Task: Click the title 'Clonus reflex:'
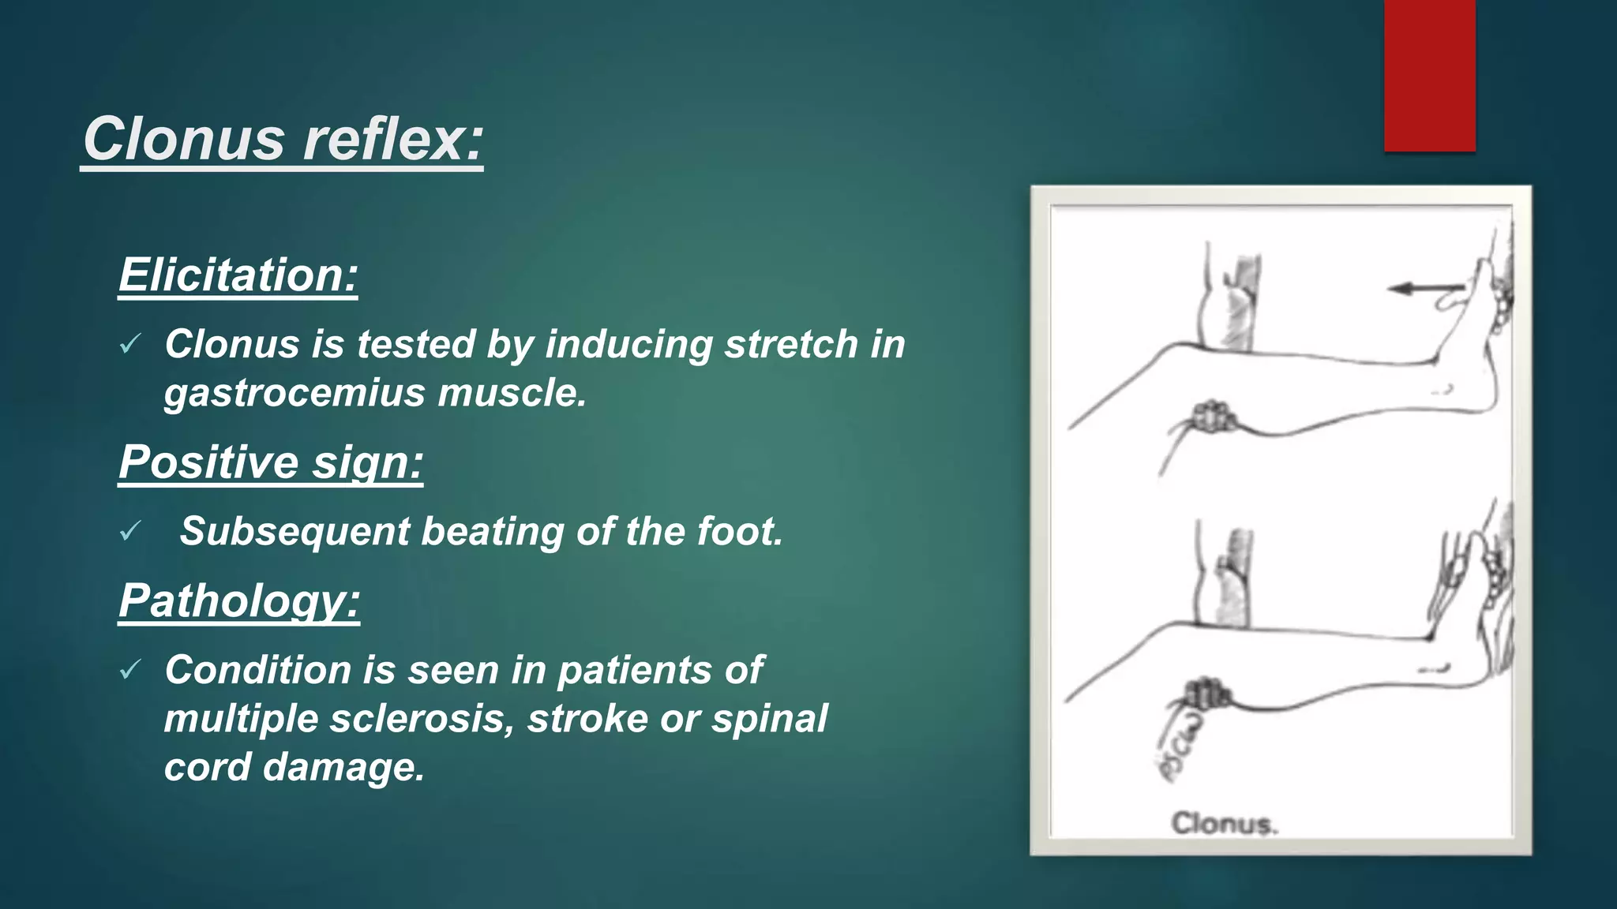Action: pyautogui.click(x=283, y=139)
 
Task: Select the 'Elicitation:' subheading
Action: pyautogui.click(x=238, y=275)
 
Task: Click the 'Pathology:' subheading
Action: pyautogui.click(x=239, y=600)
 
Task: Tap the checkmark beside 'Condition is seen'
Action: pyautogui.click(x=130, y=670)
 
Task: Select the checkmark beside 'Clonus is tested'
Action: pyautogui.click(x=130, y=344)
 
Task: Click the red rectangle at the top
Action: pyautogui.click(x=1429, y=76)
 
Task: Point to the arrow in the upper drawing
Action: pyautogui.click(x=1426, y=289)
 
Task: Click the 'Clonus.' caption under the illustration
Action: pyautogui.click(x=1223, y=824)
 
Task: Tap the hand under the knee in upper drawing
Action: pyautogui.click(x=1213, y=416)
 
